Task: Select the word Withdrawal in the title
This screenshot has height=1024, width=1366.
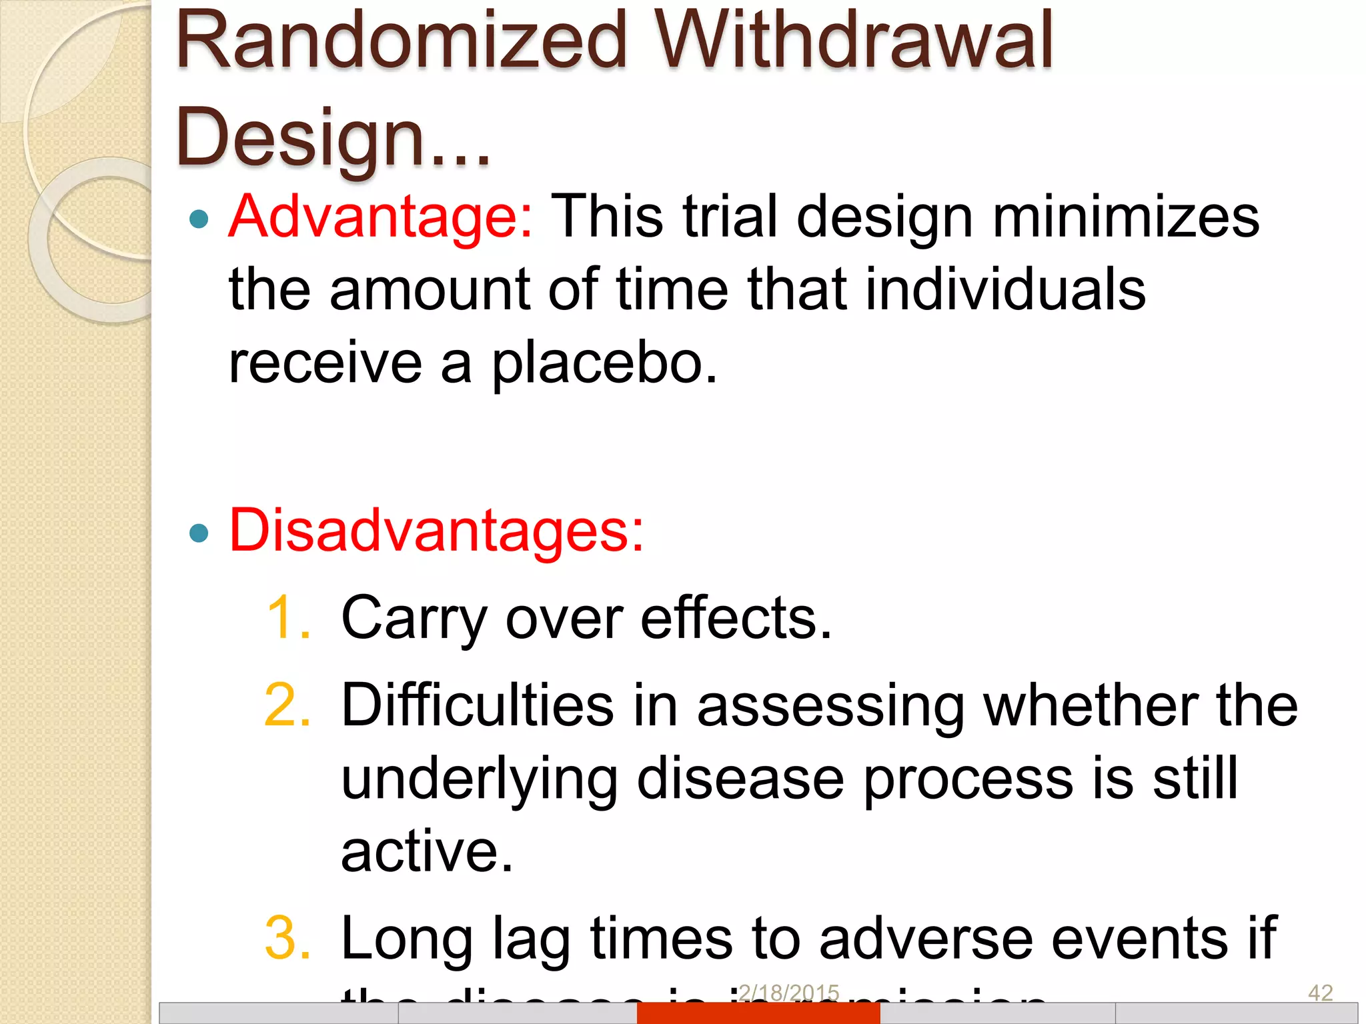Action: coord(854,41)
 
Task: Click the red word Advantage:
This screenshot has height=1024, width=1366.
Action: coord(381,217)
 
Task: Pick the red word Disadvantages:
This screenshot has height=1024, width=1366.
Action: coord(436,531)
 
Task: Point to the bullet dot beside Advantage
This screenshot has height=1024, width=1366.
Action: coord(199,219)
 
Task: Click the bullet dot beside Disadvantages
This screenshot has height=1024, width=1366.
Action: coord(199,533)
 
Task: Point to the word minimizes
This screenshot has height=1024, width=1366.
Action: coord(1126,217)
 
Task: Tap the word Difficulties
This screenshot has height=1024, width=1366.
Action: coord(478,705)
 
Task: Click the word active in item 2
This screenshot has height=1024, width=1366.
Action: coord(427,852)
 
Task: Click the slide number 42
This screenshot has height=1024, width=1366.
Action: coord(1320,993)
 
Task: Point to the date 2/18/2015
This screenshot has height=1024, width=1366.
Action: coord(789,993)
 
